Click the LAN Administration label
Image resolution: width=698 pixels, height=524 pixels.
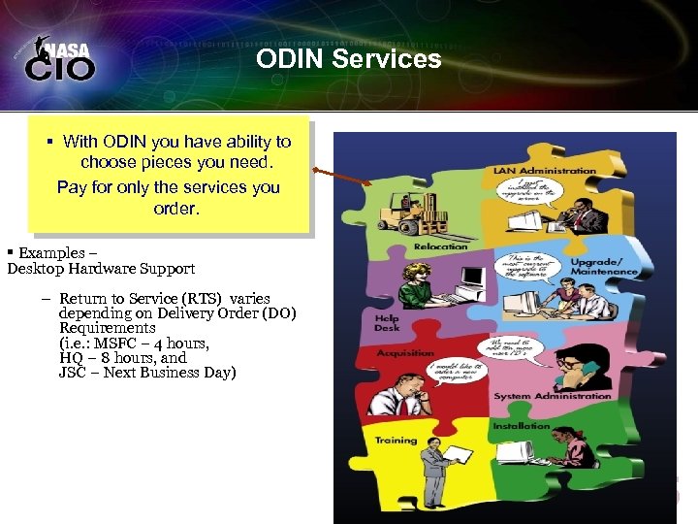(x=544, y=171)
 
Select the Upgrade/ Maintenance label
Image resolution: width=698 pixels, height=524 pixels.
(x=604, y=266)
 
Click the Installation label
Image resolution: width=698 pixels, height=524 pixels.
(x=521, y=426)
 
